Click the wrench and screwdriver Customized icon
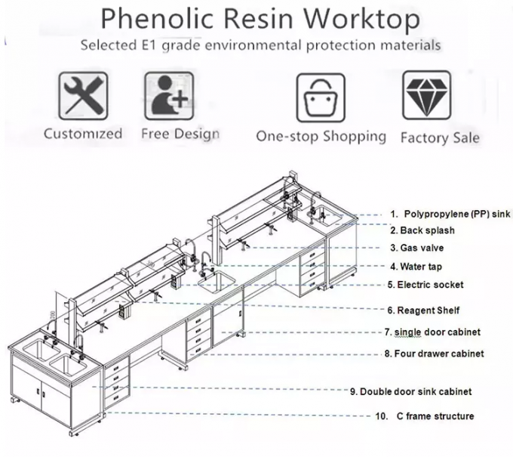click(83, 97)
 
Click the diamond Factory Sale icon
click(427, 97)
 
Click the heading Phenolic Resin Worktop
click(260, 18)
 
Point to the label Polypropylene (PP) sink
click(450, 215)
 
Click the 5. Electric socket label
click(425, 285)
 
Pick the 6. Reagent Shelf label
click(423, 310)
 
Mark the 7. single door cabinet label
click(432, 332)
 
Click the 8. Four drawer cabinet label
click(434, 353)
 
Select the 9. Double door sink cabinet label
click(410, 391)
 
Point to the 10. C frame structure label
click(425, 416)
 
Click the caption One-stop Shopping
click(321, 137)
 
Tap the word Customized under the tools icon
click(83, 134)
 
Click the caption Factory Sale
click(439, 137)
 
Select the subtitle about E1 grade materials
click(260, 45)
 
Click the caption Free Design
click(180, 134)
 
